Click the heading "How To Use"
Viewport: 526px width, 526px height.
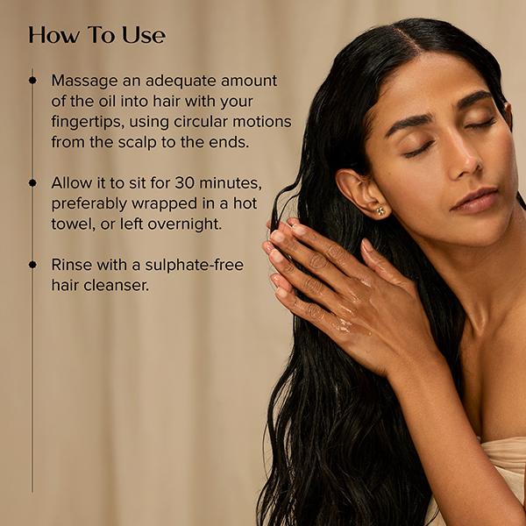(97, 35)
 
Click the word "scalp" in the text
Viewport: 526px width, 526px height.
(138, 143)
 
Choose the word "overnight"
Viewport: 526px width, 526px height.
(184, 224)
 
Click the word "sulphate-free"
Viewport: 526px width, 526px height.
(195, 266)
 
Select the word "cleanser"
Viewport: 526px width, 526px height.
(116, 286)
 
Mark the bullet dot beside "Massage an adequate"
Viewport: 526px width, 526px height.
(32, 80)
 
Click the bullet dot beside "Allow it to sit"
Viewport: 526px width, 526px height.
(32, 183)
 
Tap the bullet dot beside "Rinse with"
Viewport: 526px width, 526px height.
(32, 265)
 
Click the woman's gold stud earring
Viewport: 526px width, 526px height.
(380, 211)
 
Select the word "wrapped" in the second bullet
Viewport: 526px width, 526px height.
(164, 204)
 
